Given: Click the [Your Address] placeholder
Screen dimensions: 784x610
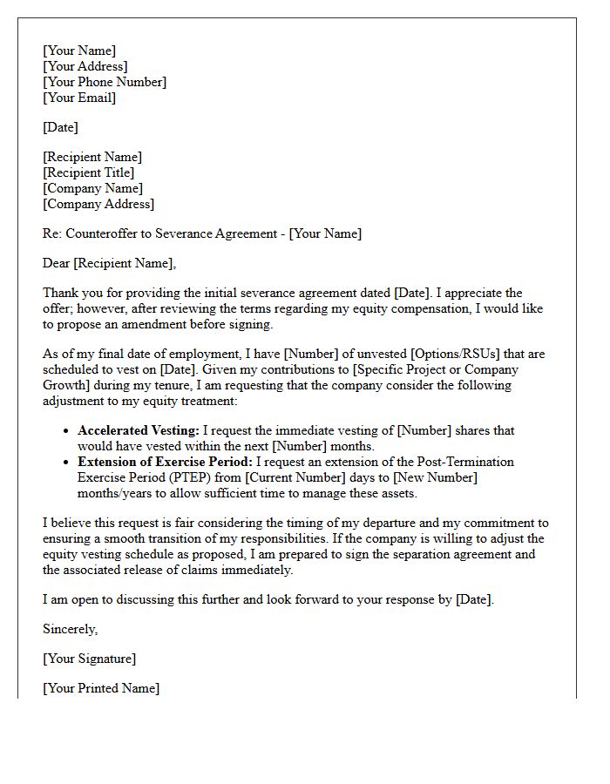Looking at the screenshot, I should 85,66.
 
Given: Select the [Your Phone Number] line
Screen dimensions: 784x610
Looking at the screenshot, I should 104,82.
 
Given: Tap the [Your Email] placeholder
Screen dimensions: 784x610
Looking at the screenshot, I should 78,98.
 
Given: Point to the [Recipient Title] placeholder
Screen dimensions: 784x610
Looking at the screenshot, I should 88,172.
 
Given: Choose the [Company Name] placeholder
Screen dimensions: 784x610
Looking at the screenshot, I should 92,188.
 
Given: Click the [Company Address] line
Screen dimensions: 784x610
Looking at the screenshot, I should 98,204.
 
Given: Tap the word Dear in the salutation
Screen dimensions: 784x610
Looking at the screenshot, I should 57,263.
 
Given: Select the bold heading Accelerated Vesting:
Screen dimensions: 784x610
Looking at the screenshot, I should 138,430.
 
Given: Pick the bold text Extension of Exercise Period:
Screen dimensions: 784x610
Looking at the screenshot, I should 165,462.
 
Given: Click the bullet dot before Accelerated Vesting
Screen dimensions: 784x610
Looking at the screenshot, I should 67,431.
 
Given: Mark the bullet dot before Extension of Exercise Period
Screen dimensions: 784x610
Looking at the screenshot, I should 67,463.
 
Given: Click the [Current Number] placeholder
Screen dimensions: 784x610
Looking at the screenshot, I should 288,477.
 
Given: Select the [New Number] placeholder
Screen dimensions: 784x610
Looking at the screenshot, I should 433,477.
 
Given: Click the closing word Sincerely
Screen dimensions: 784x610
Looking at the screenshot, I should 70,629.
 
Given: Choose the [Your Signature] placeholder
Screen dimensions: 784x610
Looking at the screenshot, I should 89,659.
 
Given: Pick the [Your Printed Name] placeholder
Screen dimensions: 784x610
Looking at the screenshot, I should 100,688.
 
